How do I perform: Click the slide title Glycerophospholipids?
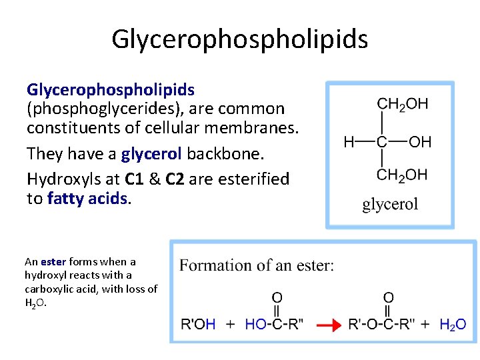pyautogui.click(x=239, y=39)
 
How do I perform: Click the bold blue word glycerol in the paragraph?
pyautogui.click(x=151, y=154)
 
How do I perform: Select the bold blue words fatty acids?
pyautogui.click(x=87, y=199)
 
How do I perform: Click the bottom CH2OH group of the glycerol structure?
pyautogui.click(x=402, y=175)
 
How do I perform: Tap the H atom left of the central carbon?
pyautogui.click(x=349, y=141)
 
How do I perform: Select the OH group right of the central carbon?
pyautogui.click(x=419, y=141)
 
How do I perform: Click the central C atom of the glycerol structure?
pyautogui.click(x=382, y=141)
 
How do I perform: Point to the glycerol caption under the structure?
pyautogui.click(x=390, y=204)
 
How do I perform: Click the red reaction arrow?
pyautogui.click(x=329, y=325)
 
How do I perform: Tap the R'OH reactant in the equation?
pyautogui.click(x=198, y=325)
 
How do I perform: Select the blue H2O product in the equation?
pyautogui.click(x=453, y=325)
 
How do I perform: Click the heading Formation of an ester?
pyautogui.click(x=257, y=265)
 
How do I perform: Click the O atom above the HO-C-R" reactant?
pyautogui.click(x=277, y=297)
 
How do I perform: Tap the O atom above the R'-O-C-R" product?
pyautogui.click(x=388, y=297)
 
